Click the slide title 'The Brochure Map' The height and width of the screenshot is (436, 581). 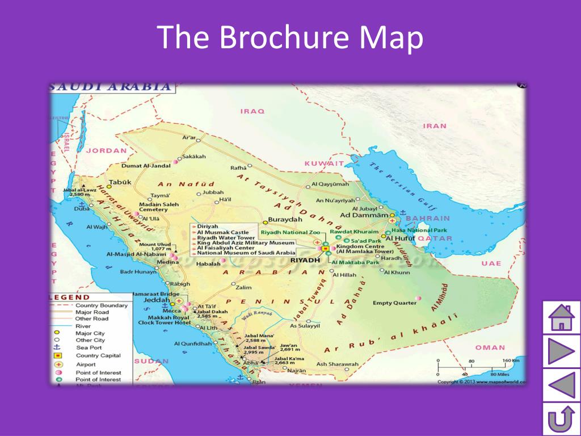click(290, 37)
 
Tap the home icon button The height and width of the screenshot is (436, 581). click(561, 318)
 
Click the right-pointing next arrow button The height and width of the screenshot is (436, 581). click(561, 351)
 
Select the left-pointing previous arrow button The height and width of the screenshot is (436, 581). click(561, 385)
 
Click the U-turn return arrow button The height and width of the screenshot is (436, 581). click(561, 420)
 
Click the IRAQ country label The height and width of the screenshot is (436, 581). click(252, 111)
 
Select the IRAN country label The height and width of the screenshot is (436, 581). click(435, 125)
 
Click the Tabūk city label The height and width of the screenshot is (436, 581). click(120, 182)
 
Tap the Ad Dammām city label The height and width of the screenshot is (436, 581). click(364, 215)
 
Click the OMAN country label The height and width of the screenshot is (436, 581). click(490, 347)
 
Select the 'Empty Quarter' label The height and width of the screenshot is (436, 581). click(394, 303)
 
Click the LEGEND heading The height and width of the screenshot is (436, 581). click(70, 297)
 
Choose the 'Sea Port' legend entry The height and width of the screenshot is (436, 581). click(89, 347)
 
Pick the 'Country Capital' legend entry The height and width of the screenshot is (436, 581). click(98, 355)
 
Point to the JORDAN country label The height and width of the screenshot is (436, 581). click(106, 151)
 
